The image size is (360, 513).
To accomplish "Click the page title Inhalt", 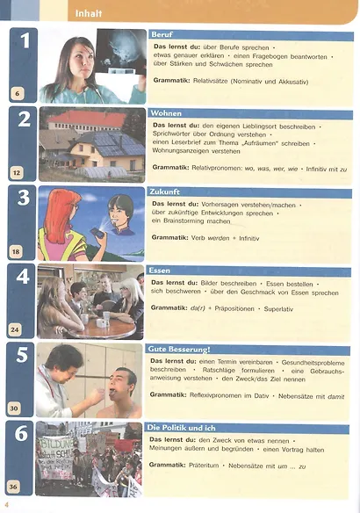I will click(x=89, y=14).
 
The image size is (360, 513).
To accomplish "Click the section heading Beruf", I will click(x=162, y=34).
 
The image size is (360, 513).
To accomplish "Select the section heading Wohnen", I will click(x=167, y=113).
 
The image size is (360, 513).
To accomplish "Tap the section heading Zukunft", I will click(x=167, y=191).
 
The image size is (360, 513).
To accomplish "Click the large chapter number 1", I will click(x=24, y=40).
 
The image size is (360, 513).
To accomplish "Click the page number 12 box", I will click(x=17, y=173).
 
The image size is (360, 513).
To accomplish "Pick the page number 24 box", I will click(x=14, y=329).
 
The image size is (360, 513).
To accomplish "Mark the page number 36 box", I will click(x=14, y=486).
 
